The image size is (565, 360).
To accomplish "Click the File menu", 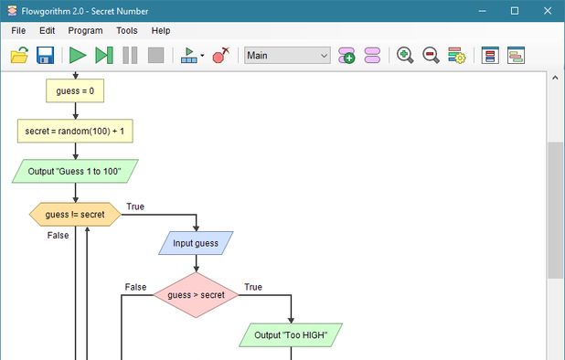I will pyautogui.click(x=18, y=30).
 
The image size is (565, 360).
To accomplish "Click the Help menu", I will pyautogui.click(x=161, y=30).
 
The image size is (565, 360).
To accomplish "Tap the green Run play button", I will pyautogui.click(x=78, y=56).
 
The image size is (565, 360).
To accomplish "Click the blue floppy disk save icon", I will pyautogui.click(x=45, y=56).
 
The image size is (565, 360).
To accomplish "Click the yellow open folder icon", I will pyautogui.click(x=19, y=56).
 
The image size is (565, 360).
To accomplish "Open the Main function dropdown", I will pyautogui.click(x=287, y=56).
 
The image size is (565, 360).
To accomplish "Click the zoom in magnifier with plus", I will pyautogui.click(x=405, y=56).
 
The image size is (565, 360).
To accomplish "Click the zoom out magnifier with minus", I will pyautogui.click(x=431, y=56).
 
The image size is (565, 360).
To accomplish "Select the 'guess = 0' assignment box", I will pyautogui.click(x=75, y=90).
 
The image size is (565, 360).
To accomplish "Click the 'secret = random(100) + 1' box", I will pyautogui.click(x=75, y=131).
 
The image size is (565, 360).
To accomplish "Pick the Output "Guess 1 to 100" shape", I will pyautogui.click(x=75, y=171).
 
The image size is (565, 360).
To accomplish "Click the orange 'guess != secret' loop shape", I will pyautogui.click(x=75, y=215).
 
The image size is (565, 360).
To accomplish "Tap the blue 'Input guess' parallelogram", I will pyautogui.click(x=196, y=244).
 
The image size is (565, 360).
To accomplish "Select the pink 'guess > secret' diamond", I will pyautogui.click(x=196, y=294).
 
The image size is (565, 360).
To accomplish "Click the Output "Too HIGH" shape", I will pyautogui.click(x=291, y=335).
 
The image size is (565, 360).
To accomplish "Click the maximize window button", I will pyautogui.click(x=515, y=10).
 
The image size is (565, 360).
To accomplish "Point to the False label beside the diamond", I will pyautogui.click(x=135, y=287).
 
